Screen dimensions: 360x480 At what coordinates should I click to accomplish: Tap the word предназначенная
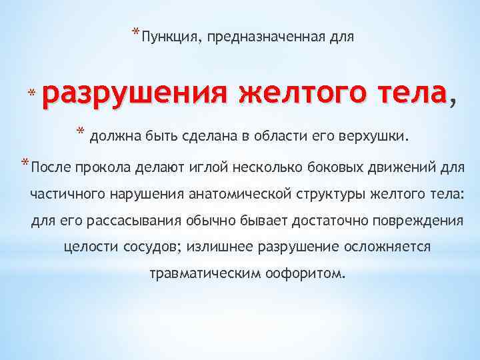pos(268,37)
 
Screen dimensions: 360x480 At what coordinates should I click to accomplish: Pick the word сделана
pos(217,137)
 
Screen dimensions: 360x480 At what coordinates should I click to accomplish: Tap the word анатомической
pos(245,194)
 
